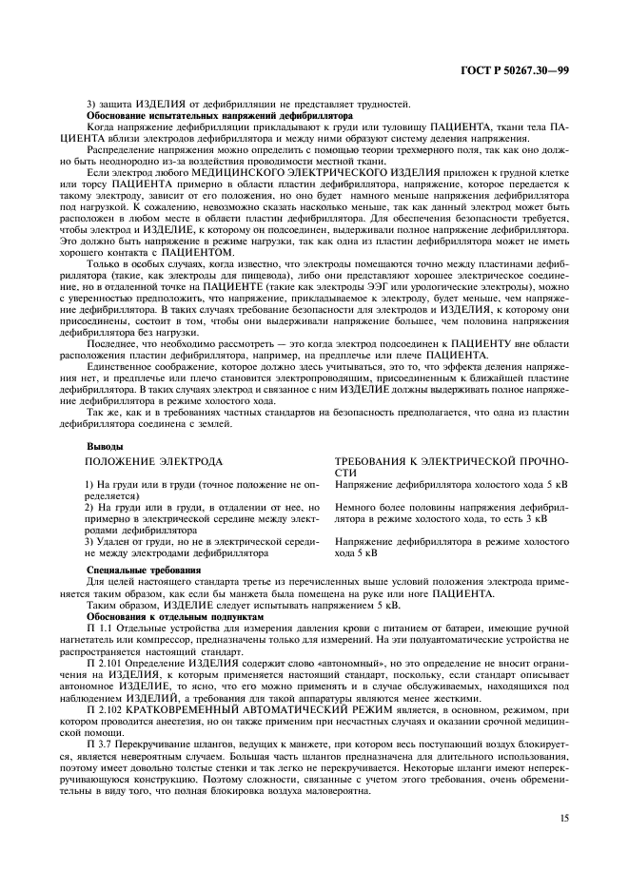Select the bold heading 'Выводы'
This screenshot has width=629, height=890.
coord(105,445)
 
